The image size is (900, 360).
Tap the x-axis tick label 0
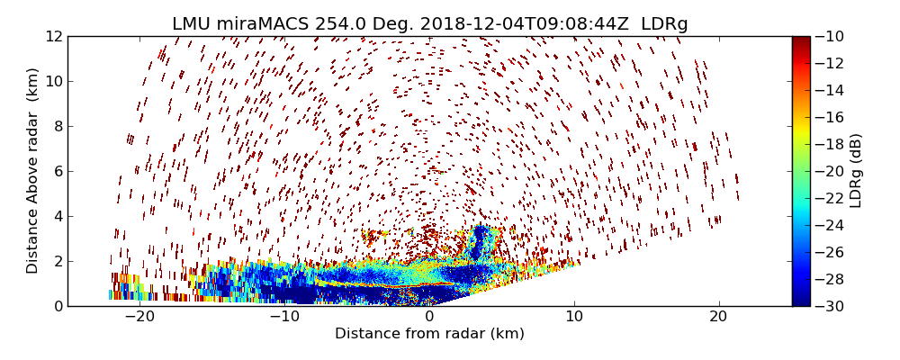(x=429, y=317)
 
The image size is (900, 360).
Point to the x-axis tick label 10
(x=574, y=317)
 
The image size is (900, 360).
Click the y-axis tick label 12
(x=53, y=36)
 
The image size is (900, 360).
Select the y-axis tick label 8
(x=57, y=126)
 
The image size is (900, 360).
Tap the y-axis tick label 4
(x=57, y=216)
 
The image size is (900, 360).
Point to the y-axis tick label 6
(x=57, y=171)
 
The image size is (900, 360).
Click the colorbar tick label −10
(x=832, y=36)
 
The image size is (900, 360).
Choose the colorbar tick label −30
(x=832, y=306)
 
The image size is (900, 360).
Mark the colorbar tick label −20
(x=832, y=171)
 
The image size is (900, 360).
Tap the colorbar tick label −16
(x=832, y=117)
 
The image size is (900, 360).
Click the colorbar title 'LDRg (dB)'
(x=856, y=171)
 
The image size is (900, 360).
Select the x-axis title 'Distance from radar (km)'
(x=429, y=334)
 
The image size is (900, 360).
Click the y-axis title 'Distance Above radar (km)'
(x=33, y=171)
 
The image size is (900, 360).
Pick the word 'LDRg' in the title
(x=664, y=24)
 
